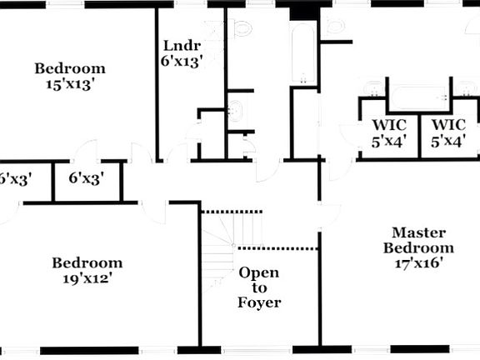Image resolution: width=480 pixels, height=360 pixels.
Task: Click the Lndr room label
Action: pyautogui.click(x=182, y=46)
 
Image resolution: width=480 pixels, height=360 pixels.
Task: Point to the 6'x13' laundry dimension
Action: pyautogui.click(x=182, y=62)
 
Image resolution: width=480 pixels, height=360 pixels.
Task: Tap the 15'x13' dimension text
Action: pyautogui.click(x=69, y=84)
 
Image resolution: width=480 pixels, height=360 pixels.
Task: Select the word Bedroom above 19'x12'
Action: pyautogui.click(x=87, y=263)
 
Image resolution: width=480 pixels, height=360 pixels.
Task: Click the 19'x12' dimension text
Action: pyautogui.click(x=87, y=278)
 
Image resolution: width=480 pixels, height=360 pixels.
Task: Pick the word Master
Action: pyautogui.click(x=419, y=232)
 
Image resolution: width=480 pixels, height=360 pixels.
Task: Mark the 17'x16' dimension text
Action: pyautogui.click(x=419, y=263)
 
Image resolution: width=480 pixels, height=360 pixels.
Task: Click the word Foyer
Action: pyautogui.click(x=259, y=302)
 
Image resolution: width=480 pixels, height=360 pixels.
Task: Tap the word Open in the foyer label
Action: pyautogui.click(x=258, y=272)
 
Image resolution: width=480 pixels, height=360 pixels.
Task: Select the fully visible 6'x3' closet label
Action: pyautogui.click(x=86, y=177)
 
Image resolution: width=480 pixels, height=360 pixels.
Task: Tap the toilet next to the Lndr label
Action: pyautogui.click(x=241, y=29)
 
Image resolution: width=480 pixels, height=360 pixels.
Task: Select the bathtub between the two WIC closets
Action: pyautogui.click(x=419, y=97)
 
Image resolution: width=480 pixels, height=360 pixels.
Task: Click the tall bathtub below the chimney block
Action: pyautogui.click(x=303, y=53)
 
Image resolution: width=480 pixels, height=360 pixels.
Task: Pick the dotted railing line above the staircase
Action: pyautogui.click(x=232, y=212)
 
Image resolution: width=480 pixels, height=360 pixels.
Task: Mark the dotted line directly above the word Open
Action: pyautogui.click(x=278, y=248)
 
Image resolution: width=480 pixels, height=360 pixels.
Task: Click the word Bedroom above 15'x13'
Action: pyautogui.click(x=70, y=68)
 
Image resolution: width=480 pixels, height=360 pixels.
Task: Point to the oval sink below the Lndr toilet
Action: pyautogui.click(x=235, y=111)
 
